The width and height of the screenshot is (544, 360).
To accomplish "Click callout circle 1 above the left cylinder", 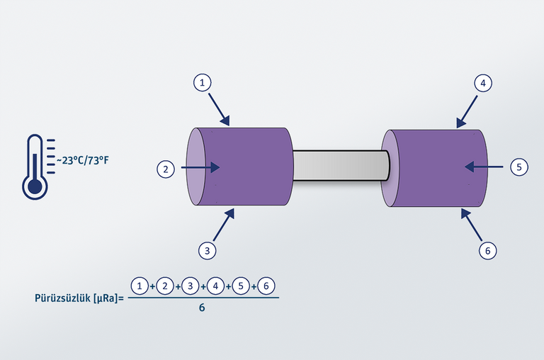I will (203, 83).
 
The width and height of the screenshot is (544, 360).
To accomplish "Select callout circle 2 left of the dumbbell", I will (166, 169).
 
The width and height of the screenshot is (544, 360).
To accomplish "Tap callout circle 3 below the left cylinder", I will (207, 250).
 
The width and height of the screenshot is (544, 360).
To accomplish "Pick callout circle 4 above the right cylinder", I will (482, 83).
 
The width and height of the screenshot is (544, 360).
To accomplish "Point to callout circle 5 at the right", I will (518, 167).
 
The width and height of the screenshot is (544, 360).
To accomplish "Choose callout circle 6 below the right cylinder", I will (487, 249).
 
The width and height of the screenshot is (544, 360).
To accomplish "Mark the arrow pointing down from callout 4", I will (468, 111).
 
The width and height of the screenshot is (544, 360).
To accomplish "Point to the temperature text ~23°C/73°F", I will (82, 159).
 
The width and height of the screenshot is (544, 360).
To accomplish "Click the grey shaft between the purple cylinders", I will (341, 167).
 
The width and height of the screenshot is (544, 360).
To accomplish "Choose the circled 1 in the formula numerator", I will (140, 286).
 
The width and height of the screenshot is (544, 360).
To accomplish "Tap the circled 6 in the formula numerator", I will (266, 286).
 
